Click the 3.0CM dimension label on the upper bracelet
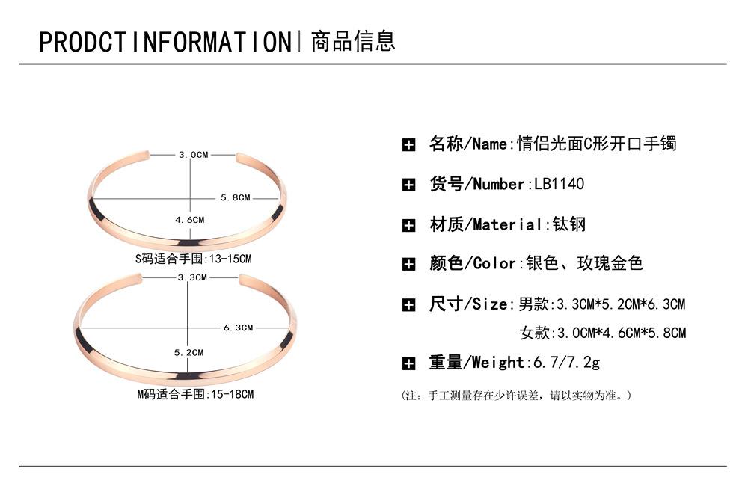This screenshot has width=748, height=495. click(x=193, y=154)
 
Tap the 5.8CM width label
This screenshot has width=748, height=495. click(x=235, y=197)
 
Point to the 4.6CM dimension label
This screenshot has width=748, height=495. click(x=189, y=220)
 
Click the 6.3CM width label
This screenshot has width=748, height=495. click(x=238, y=328)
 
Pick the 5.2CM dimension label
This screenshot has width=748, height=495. click(x=188, y=352)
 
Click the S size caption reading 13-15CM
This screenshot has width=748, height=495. click(x=193, y=259)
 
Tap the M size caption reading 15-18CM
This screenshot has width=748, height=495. click(x=194, y=393)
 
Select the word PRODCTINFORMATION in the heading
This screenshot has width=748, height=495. click(x=165, y=42)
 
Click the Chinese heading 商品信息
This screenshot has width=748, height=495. click(x=352, y=41)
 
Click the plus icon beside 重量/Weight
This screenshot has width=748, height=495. click(x=409, y=364)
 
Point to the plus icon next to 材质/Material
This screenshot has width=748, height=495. click(x=409, y=225)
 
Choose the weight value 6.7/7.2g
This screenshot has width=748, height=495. click(x=565, y=363)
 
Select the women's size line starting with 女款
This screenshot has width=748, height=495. click(x=602, y=333)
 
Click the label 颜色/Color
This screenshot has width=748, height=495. click(x=472, y=263)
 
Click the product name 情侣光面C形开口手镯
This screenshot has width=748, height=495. click(x=597, y=144)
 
